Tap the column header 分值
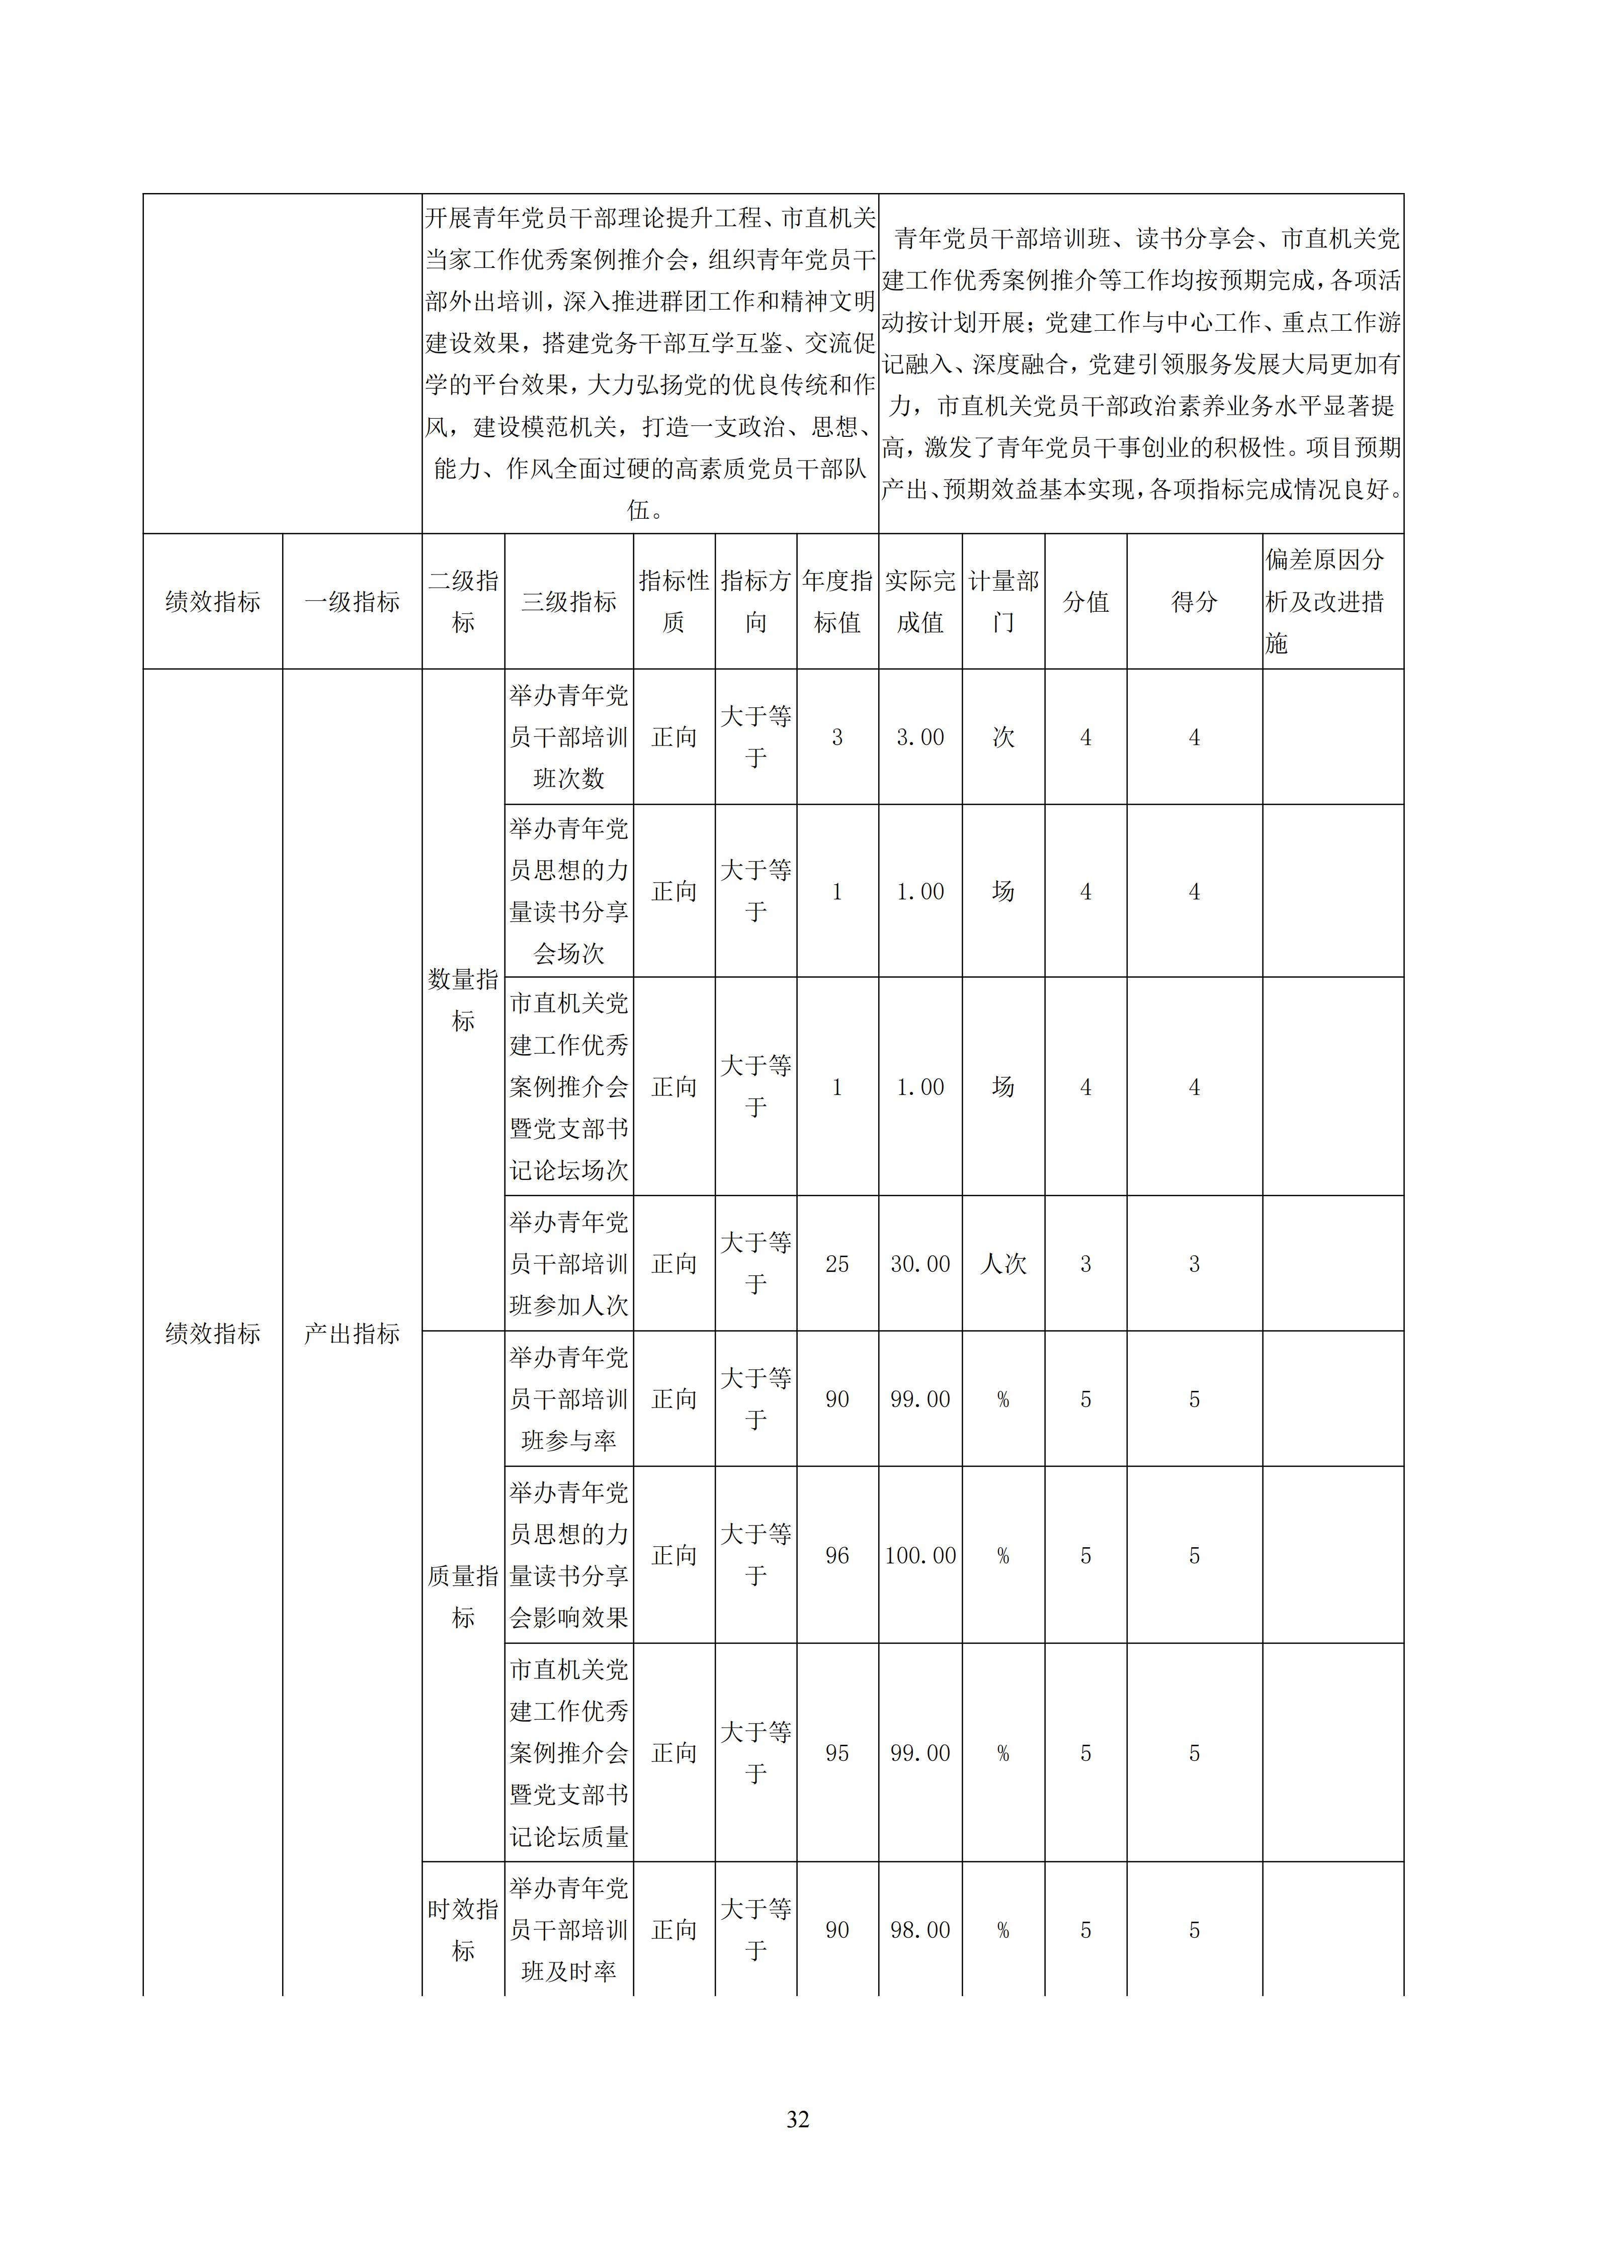pyautogui.click(x=1085, y=602)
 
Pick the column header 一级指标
pyautogui.click(x=352, y=602)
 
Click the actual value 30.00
pyautogui.click(x=920, y=1264)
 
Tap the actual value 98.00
pyautogui.click(x=920, y=1930)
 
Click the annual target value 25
pyautogui.click(x=837, y=1264)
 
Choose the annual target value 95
pyautogui.click(x=837, y=1753)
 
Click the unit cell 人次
pyautogui.click(x=1003, y=1264)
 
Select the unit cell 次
pyautogui.click(x=1003, y=737)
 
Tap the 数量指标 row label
pyautogui.click(x=463, y=1000)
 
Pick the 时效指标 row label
pyautogui.click(x=463, y=1930)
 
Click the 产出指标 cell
pyautogui.click(x=352, y=1334)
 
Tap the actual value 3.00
pyautogui.click(x=920, y=737)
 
